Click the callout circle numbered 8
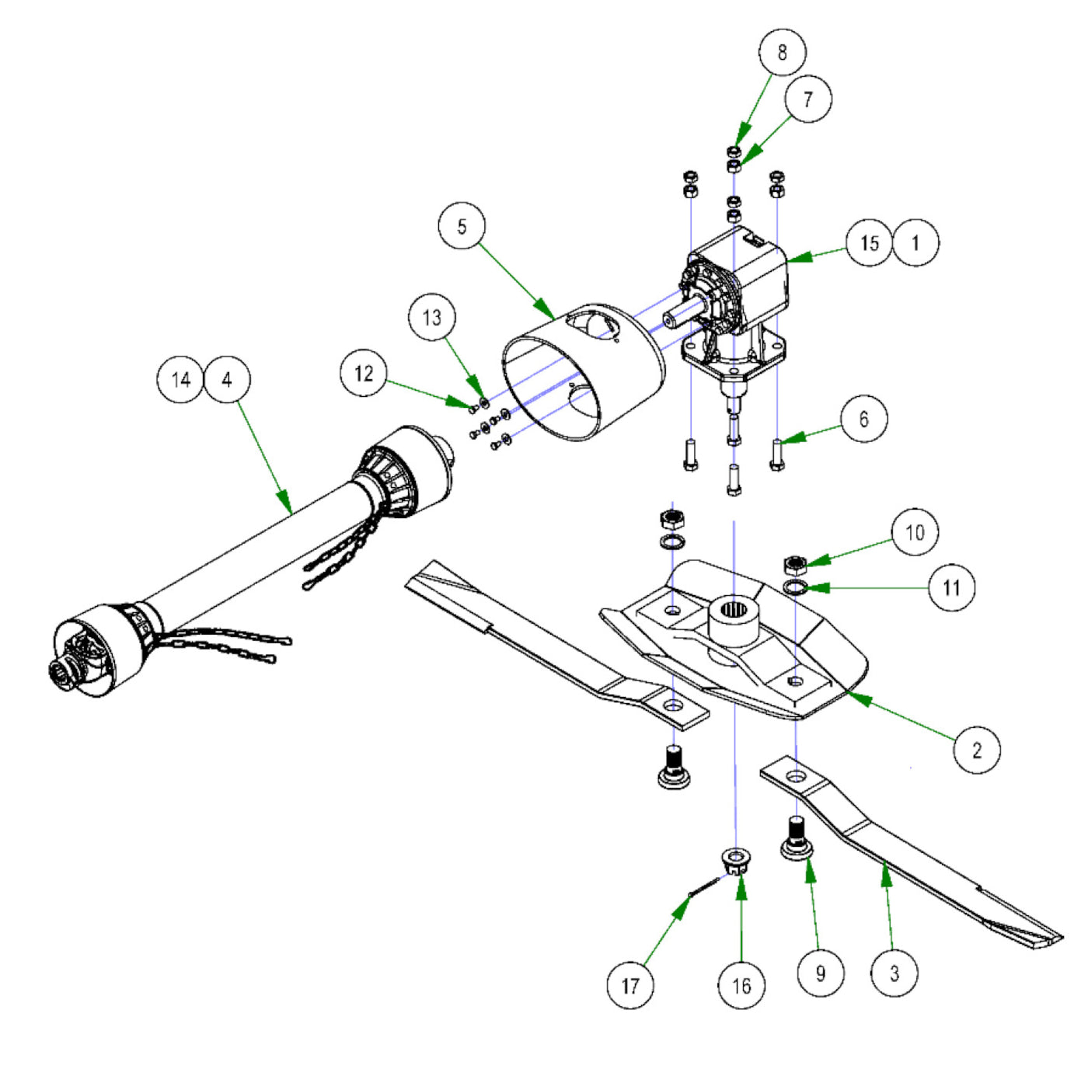(x=782, y=52)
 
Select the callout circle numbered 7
(x=808, y=99)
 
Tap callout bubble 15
(x=869, y=243)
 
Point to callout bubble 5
(x=462, y=226)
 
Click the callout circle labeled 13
(x=432, y=317)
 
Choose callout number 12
(x=364, y=374)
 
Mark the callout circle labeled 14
(x=180, y=380)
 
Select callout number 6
(x=863, y=419)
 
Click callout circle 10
(x=915, y=532)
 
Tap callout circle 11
(x=951, y=587)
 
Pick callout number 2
(x=977, y=750)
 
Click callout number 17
(x=630, y=985)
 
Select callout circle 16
(x=741, y=985)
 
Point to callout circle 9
(x=821, y=973)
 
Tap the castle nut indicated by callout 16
(x=735, y=861)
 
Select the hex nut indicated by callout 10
(x=794, y=564)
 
